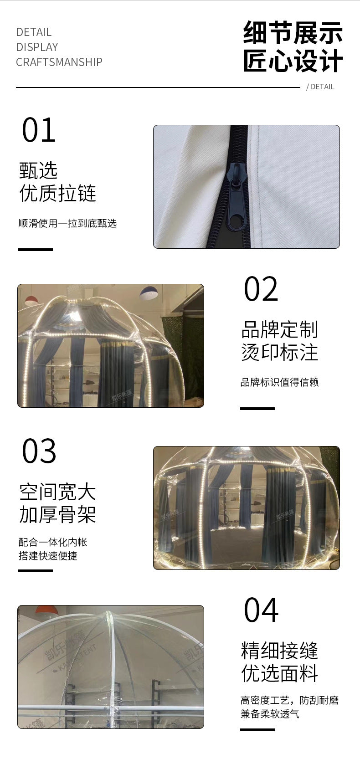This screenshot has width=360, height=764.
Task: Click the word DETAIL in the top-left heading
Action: (x=34, y=32)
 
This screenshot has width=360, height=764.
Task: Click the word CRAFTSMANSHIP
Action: (x=59, y=62)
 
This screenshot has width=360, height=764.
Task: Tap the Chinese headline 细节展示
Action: (x=293, y=33)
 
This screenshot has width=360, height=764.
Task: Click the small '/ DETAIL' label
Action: (x=320, y=87)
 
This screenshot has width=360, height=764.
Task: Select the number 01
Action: (x=39, y=131)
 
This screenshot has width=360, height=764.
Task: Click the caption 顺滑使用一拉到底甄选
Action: (x=67, y=223)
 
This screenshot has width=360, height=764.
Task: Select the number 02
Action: (x=261, y=289)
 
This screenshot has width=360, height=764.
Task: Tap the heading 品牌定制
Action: (x=279, y=329)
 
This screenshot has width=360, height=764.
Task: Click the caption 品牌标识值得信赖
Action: (x=279, y=382)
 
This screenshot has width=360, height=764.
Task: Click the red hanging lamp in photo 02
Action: (x=31, y=301)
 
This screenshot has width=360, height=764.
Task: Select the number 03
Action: (x=39, y=451)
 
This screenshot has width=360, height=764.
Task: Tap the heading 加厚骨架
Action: (x=58, y=515)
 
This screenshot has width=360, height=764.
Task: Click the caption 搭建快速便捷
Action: (x=48, y=556)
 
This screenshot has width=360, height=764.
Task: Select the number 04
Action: (x=261, y=610)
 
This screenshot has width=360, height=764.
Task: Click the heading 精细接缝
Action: (x=279, y=651)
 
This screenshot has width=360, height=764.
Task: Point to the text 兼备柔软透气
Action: (x=270, y=714)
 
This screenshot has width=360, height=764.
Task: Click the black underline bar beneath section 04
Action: (x=257, y=729)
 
